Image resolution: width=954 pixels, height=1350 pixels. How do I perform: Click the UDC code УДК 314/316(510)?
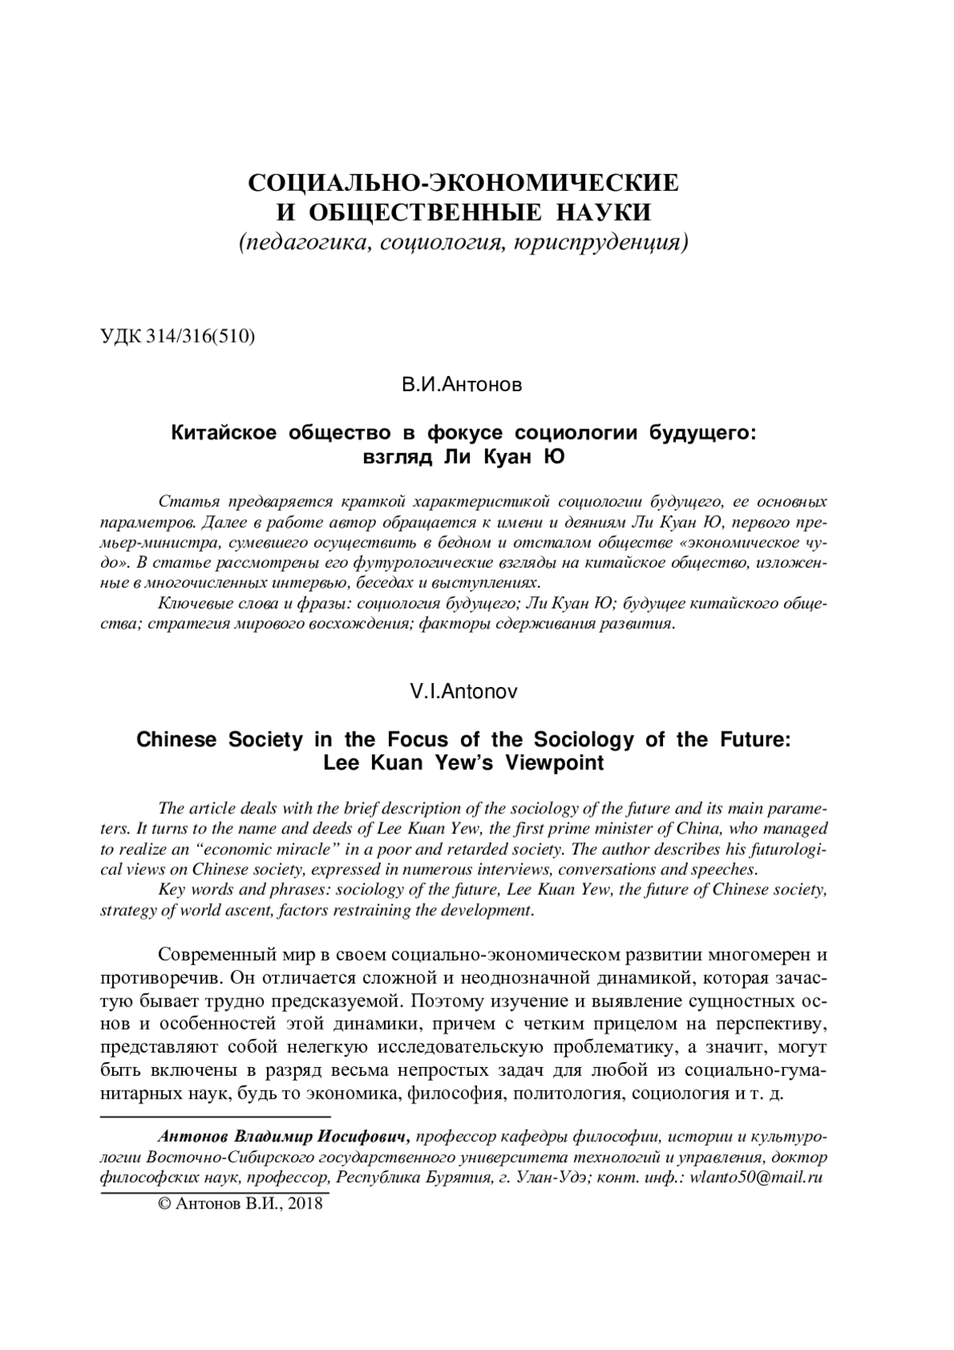177,336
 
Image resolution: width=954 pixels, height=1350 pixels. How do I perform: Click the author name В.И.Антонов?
462,386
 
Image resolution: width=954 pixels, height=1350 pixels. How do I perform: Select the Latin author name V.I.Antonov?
463,692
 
